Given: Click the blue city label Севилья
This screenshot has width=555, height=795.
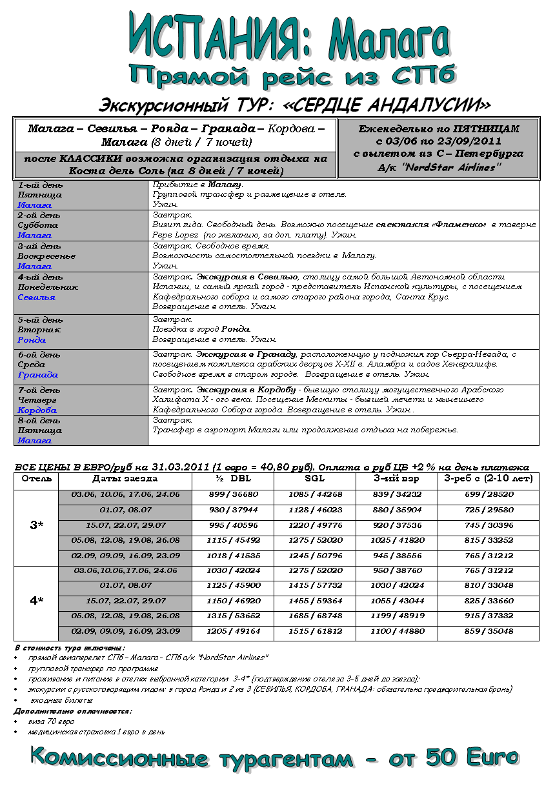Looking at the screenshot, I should pyautogui.click(x=36, y=297).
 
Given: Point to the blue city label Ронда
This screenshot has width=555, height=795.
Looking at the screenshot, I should pyautogui.click(x=32, y=339).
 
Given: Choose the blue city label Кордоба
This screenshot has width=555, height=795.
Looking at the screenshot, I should pyautogui.click(x=37, y=410).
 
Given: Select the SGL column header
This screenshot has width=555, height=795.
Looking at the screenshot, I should pyautogui.click(x=315, y=479).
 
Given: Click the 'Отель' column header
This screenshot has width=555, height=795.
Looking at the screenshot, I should pyautogui.click(x=36, y=479).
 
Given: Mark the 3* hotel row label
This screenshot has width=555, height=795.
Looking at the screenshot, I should pyautogui.click(x=36, y=525).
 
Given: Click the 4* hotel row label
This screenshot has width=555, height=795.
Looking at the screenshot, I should pyautogui.click(x=36, y=601).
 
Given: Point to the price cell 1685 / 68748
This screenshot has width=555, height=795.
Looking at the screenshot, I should pyautogui.click(x=315, y=616).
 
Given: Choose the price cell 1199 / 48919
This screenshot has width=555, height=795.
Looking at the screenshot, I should pyautogui.click(x=397, y=616).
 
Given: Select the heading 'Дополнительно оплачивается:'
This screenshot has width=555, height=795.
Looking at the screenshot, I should pyautogui.click(x=73, y=710).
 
